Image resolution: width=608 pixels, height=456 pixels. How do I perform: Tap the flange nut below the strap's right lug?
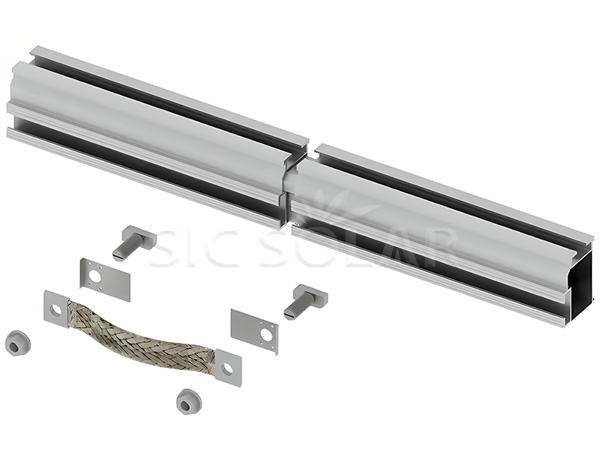187,401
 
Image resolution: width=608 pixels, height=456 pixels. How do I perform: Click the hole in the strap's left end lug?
55,309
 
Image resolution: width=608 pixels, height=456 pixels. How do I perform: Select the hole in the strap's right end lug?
226,369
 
